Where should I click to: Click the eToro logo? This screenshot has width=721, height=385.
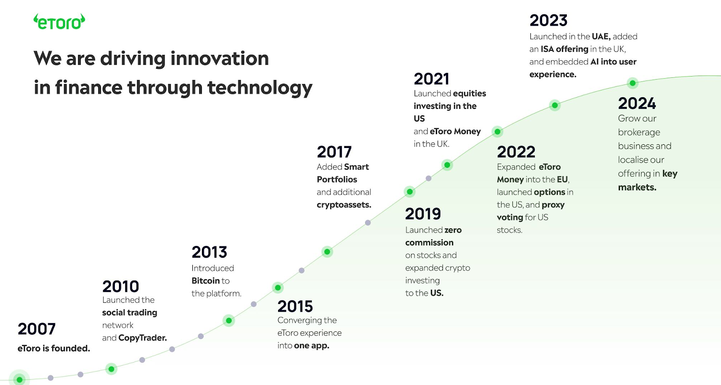point(59,22)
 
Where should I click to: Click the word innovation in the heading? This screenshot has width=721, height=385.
point(219,58)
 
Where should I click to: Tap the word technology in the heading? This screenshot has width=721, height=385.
point(260,88)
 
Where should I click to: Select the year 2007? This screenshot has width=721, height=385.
point(37,329)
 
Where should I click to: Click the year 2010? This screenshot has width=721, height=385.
point(121,287)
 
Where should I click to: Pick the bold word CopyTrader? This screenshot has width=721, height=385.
point(142,338)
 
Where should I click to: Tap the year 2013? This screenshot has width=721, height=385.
point(210,252)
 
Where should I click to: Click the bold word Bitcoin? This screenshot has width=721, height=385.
point(205,281)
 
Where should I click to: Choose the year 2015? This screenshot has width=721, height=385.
point(295,306)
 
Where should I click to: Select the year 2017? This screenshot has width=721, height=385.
point(334,152)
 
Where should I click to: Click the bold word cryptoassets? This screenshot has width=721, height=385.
point(344,205)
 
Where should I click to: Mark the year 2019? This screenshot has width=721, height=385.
point(423,214)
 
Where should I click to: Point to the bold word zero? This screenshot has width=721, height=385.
point(453,230)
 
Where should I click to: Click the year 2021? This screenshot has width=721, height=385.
point(432,79)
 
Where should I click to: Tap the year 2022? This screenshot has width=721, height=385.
point(516,152)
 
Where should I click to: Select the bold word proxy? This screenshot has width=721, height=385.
point(553,205)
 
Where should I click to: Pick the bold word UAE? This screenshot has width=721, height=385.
point(601,36)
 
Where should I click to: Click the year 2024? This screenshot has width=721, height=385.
point(637,103)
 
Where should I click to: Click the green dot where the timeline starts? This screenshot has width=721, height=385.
point(19,380)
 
